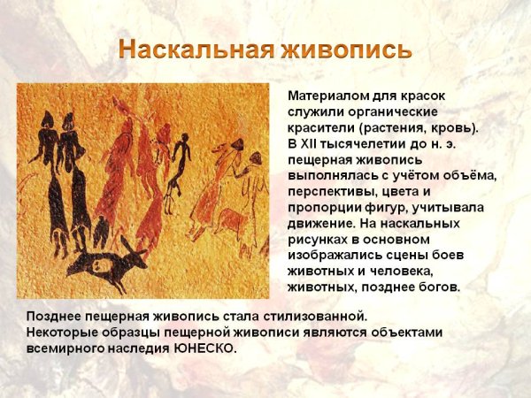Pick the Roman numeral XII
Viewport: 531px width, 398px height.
click(309, 143)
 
